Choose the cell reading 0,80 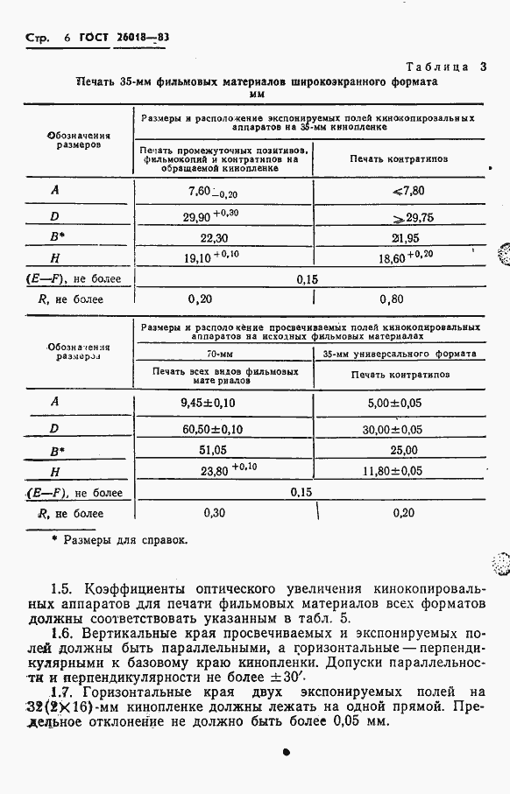pyautogui.click(x=400, y=298)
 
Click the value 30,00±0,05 pyautogui.click(x=400, y=429)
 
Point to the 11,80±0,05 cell pyautogui.click(x=400, y=471)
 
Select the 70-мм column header pyautogui.click(x=224, y=354)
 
